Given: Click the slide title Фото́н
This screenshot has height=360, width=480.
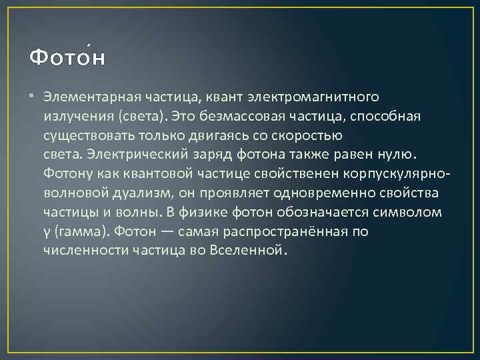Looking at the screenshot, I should click(67, 57).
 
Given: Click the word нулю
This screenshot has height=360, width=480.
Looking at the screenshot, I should click(393, 155).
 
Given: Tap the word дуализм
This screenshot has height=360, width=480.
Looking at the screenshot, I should click(142, 193).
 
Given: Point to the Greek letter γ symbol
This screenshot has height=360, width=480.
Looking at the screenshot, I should click(47, 233).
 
